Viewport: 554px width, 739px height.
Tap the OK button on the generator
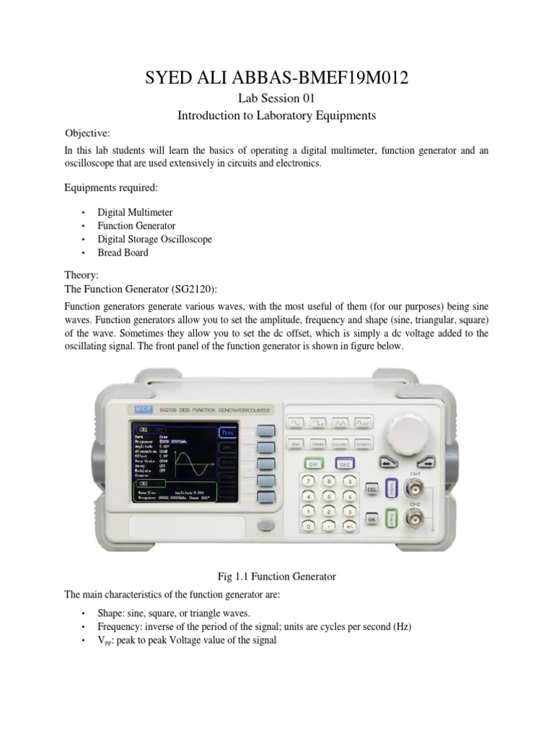(372, 518)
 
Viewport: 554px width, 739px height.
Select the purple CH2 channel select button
(344, 464)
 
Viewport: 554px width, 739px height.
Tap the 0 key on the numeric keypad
(309, 528)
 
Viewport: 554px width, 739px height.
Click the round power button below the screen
(266, 525)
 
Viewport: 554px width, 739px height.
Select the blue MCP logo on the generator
(140, 409)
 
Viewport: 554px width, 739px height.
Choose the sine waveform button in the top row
(296, 421)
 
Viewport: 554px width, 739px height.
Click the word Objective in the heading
(87, 134)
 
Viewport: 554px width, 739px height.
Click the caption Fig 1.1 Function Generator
(277, 576)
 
